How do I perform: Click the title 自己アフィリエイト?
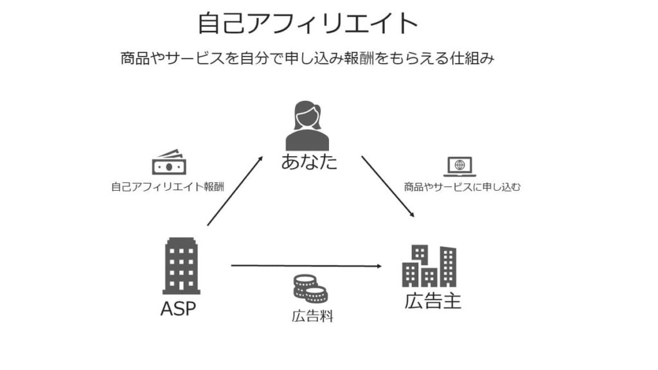pyautogui.click(x=308, y=24)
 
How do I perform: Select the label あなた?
pyautogui.click(x=309, y=161)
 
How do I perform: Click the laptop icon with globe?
pyautogui.click(x=459, y=166)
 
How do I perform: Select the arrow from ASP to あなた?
pyautogui.click(x=235, y=191)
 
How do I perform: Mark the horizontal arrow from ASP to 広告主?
pyautogui.click(x=305, y=265)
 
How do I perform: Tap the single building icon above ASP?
pyautogui.click(x=181, y=265)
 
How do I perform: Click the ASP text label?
pyautogui.click(x=178, y=309)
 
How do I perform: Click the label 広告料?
pyautogui.click(x=312, y=316)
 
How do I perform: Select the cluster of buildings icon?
pyautogui.click(x=429, y=266)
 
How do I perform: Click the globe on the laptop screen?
pyautogui.click(x=459, y=165)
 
